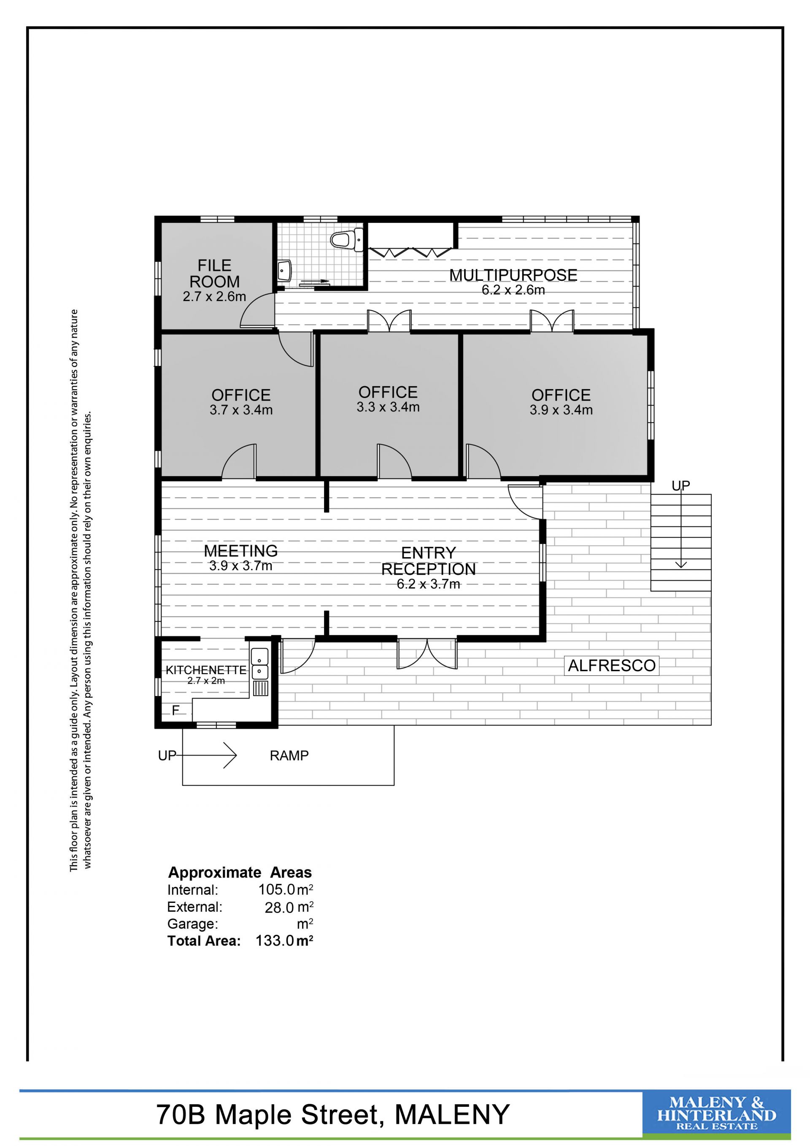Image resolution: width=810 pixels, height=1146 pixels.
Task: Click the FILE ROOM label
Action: (x=214, y=273)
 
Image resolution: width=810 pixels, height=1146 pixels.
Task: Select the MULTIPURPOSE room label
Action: (x=513, y=275)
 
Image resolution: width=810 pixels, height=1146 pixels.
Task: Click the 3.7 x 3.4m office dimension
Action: (x=241, y=410)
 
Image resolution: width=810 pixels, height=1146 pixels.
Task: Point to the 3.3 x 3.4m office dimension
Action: (x=388, y=407)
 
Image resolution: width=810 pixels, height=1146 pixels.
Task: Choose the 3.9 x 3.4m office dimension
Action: (x=561, y=410)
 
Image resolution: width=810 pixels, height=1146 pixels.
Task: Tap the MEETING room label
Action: (x=241, y=551)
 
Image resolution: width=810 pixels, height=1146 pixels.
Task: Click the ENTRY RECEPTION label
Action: (x=429, y=561)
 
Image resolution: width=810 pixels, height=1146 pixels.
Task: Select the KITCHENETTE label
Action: (x=206, y=670)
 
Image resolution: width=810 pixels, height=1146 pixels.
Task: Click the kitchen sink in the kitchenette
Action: (x=260, y=664)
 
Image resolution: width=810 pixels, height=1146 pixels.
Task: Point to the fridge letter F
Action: (x=175, y=710)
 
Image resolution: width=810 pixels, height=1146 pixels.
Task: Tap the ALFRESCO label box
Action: (x=611, y=666)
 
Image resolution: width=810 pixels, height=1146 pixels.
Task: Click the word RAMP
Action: (x=289, y=756)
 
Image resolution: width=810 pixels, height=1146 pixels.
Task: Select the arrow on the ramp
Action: (x=205, y=755)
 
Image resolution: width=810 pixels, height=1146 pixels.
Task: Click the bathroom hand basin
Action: (x=284, y=271)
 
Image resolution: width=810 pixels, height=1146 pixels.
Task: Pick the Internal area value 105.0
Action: (x=277, y=889)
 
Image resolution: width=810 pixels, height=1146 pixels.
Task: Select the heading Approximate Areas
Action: (x=240, y=872)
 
